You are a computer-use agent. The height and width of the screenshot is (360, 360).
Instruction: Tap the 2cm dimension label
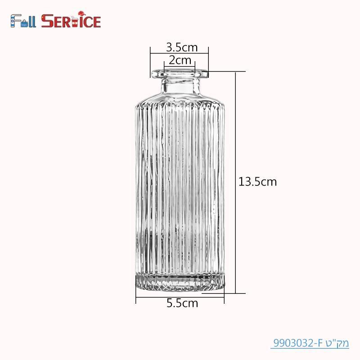(x=180, y=60)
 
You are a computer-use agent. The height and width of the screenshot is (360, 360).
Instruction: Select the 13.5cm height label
(x=257, y=182)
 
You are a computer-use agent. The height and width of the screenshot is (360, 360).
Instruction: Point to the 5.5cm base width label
(x=182, y=303)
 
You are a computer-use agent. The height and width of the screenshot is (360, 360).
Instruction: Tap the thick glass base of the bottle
(x=180, y=283)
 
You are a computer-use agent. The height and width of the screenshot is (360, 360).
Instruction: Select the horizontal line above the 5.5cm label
(x=180, y=296)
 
